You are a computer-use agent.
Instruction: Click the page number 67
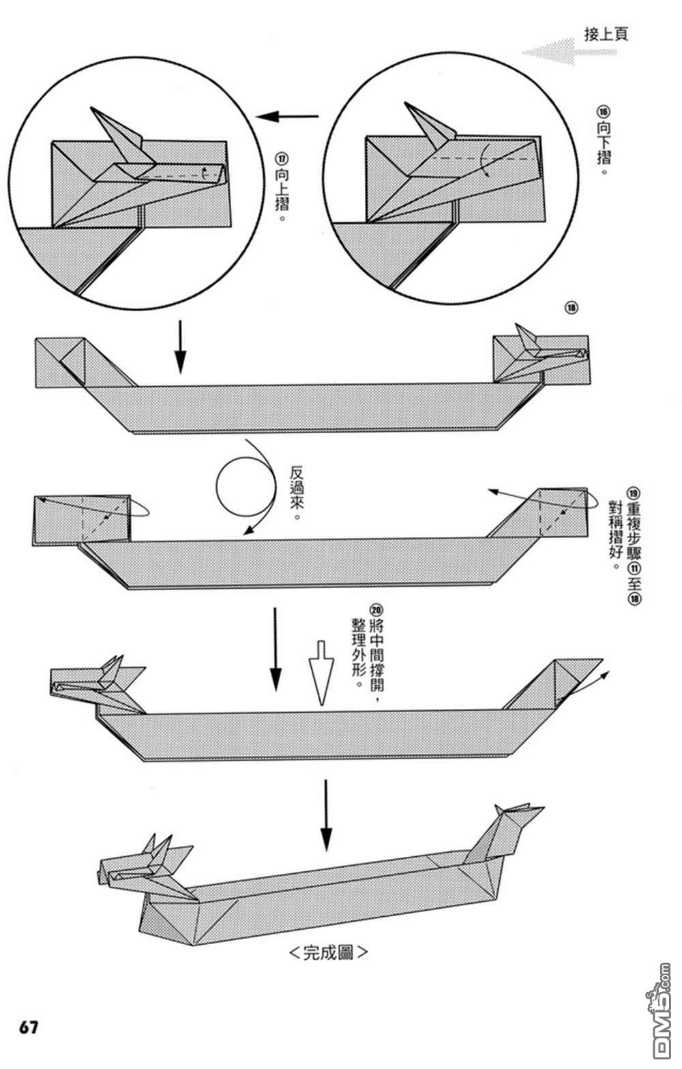(29, 1027)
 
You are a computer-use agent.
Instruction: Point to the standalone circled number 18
(571, 308)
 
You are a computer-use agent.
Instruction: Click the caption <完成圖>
(328, 952)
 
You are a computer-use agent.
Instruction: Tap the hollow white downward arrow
(320, 671)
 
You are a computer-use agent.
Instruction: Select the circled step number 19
(634, 493)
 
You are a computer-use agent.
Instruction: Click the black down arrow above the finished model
(327, 815)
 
